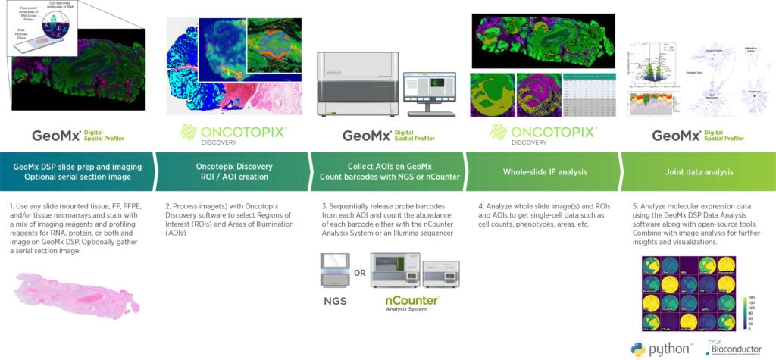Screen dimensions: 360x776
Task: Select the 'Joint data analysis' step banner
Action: (x=696, y=171)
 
